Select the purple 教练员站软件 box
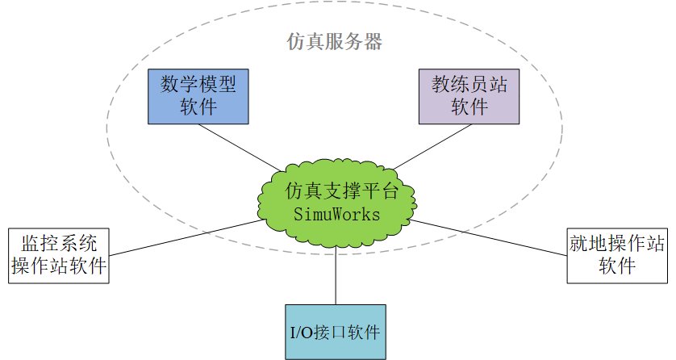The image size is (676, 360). click(469, 96)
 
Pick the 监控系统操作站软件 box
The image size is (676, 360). click(59, 255)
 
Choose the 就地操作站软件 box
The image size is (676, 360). click(618, 255)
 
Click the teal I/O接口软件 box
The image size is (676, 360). click(335, 331)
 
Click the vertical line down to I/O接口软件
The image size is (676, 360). click(335, 274)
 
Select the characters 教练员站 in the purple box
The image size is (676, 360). click(469, 84)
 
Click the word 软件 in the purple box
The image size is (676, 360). click(469, 108)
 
